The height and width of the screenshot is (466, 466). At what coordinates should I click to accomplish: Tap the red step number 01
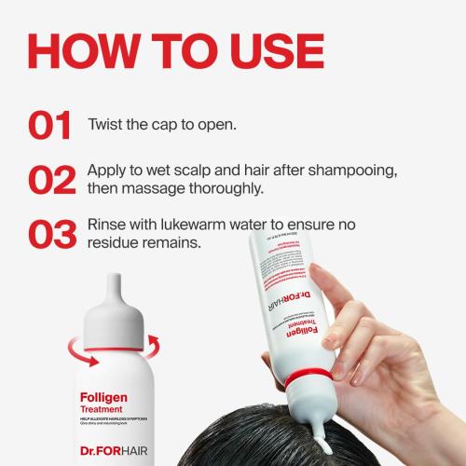[52, 126]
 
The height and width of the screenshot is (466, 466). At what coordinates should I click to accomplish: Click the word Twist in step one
[108, 125]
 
